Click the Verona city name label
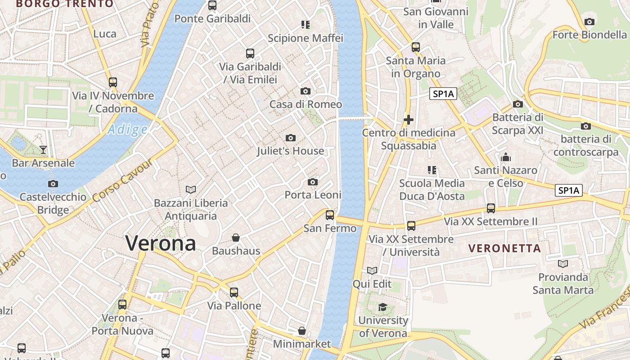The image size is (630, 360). [161, 243]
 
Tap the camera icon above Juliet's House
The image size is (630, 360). [291, 138]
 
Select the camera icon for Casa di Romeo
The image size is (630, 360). [306, 91]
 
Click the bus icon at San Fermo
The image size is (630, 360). [330, 215]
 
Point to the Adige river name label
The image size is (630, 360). [127, 130]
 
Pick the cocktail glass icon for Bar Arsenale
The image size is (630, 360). [43, 149]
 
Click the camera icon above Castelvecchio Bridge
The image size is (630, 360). [53, 184]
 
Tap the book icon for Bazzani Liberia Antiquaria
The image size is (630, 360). [191, 189]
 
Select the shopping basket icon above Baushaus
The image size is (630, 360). [236, 237]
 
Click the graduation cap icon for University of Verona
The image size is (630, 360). [382, 307]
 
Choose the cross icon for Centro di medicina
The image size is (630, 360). [409, 120]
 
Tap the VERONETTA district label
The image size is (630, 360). [504, 248]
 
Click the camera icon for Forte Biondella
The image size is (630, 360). [589, 22]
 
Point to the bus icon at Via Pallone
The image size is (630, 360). [234, 292]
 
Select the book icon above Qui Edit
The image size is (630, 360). [372, 270]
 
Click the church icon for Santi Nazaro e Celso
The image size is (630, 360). [506, 157]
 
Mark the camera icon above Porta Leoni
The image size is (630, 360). [313, 182]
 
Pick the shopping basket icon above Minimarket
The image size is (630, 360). [302, 331]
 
